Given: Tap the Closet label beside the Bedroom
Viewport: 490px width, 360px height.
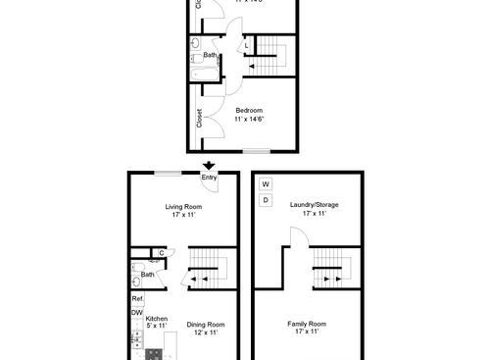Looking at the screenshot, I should tap(199, 118).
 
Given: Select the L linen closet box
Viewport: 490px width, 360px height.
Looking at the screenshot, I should tap(246, 47).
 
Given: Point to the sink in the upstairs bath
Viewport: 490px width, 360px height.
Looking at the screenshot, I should tap(195, 44).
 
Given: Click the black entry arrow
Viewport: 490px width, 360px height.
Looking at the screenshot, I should tap(208, 165).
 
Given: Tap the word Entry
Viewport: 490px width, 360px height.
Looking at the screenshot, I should tap(209, 178).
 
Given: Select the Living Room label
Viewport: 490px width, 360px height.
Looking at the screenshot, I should tap(183, 207).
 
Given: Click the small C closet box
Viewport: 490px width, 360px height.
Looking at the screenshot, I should tap(161, 253).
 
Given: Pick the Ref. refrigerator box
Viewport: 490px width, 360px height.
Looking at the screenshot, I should tap(137, 298).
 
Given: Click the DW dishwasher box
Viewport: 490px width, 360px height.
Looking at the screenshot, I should tap(136, 313).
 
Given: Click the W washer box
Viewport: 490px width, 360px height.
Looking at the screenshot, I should tap(266, 184).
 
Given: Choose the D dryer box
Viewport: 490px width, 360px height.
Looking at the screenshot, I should tap(266, 200).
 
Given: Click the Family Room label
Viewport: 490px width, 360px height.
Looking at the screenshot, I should tap(307, 324).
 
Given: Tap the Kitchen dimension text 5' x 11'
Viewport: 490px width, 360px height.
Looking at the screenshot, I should tap(157, 327).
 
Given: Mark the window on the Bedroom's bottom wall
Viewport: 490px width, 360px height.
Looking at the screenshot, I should tap(257, 150).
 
